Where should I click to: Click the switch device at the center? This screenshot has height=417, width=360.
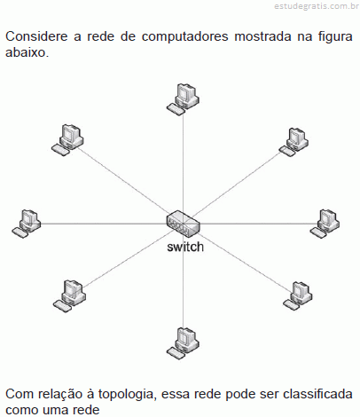184,224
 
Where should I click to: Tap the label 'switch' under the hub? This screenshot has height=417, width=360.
185,247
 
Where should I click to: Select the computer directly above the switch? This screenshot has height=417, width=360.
183,99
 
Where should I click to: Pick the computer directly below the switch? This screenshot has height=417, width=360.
183,343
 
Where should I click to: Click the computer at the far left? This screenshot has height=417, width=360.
27,224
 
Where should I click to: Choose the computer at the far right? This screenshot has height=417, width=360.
325,224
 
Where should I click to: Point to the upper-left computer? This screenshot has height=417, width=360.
67,140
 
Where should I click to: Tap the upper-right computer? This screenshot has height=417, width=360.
294,142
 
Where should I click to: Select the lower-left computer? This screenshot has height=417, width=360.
69,296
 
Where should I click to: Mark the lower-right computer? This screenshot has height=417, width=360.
297,295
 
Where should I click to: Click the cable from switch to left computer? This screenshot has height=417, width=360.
104,224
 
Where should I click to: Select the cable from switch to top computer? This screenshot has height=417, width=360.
183,162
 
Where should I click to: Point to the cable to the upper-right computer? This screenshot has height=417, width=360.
237,184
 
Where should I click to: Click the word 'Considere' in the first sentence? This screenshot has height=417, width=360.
36,36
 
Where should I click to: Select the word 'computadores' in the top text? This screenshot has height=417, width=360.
184,37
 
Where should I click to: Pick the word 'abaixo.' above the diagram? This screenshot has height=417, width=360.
27,52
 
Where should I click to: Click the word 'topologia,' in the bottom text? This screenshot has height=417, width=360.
128,395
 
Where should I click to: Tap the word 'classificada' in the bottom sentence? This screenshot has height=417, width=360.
317,394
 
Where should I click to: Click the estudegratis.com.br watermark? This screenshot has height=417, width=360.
317,6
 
